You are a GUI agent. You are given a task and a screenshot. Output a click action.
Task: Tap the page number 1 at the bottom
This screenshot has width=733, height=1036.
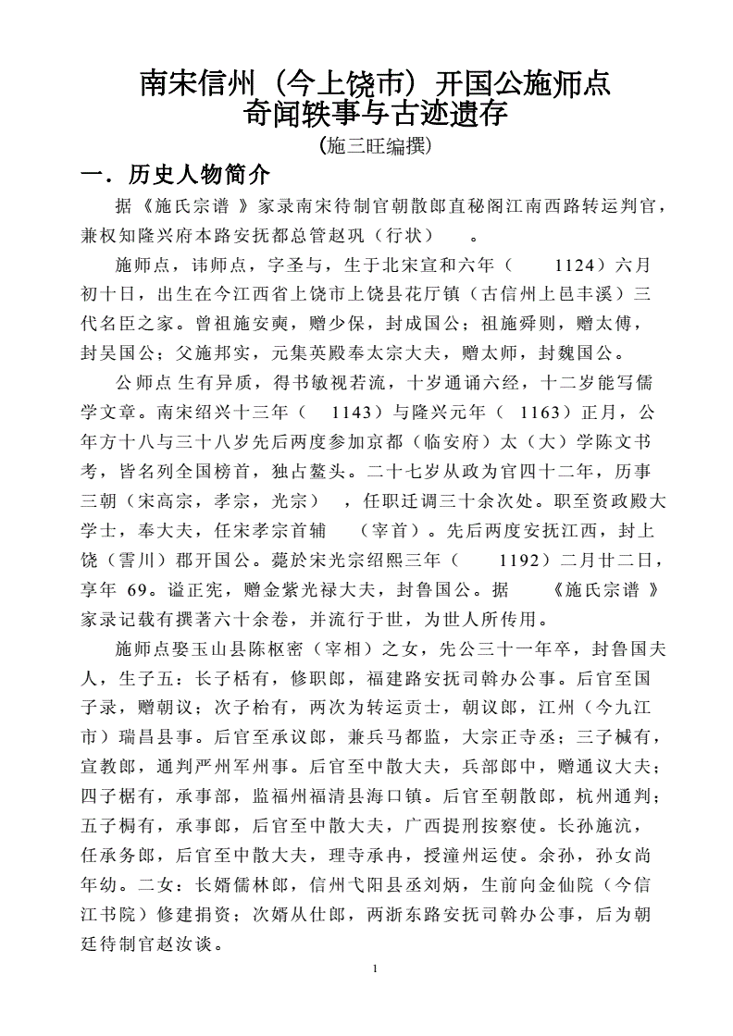pos(373,968)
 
